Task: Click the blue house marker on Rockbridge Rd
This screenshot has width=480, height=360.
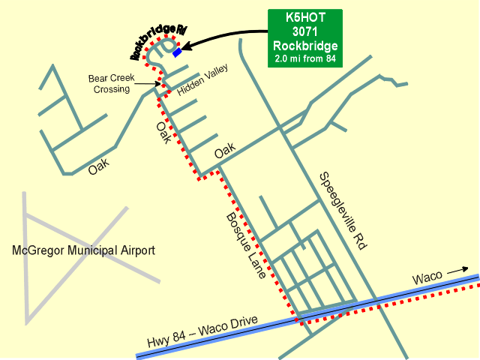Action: (177, 53)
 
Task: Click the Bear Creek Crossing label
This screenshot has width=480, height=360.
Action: (109, 82)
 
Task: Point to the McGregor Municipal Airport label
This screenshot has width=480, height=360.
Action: (84, 250)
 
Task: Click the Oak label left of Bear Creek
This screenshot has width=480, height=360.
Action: (98, 166)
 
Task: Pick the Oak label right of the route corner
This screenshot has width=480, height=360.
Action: (225, 152)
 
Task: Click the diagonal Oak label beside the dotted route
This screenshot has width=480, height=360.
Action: (163, 133)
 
